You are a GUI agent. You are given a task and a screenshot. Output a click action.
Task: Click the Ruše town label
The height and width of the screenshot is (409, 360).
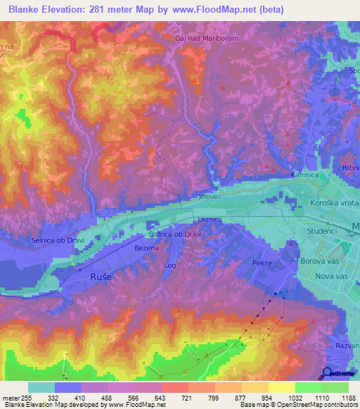(102, 278)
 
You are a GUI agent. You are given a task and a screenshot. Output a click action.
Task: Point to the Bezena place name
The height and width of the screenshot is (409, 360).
(147, 248)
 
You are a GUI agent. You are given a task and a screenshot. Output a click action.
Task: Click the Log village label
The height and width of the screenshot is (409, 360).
(169, 265)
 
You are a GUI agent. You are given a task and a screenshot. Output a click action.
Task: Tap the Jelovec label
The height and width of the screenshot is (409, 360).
(211, 197)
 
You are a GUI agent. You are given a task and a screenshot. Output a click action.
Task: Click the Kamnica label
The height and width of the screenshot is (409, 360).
(304, 173)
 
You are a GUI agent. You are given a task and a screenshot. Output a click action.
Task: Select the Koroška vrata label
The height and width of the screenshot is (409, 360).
(333, 202)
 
